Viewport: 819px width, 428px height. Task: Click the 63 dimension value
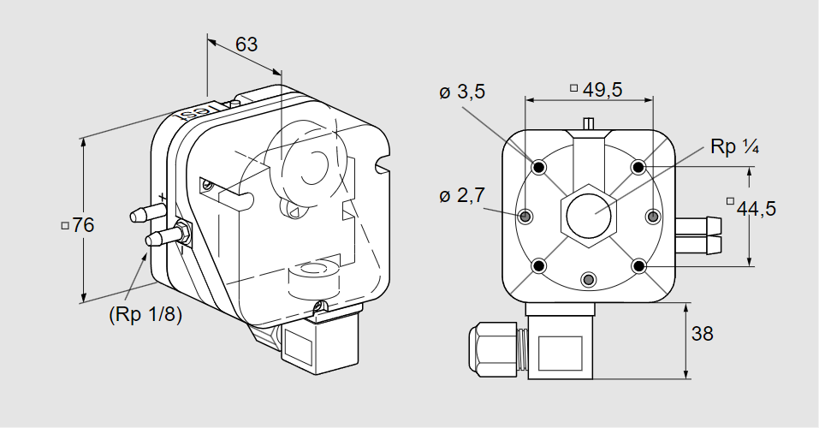[x=246, y=45]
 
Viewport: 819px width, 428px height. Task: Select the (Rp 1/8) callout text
[x=145, y=315]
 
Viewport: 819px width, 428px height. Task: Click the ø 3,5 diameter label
[x=462, y=92]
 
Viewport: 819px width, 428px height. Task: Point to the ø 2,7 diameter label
[x=462, y=195]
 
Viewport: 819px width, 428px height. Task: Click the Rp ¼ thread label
[x=734, y=147]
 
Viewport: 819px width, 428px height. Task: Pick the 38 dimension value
[x=702, y=333]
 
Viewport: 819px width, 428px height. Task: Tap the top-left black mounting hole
[x=539, y=167]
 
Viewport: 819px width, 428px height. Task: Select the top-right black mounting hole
[x=638, y=167]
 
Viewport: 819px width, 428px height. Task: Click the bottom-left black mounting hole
[x=539, y=266]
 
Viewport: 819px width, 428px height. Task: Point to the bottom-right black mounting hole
[x=638, y=266]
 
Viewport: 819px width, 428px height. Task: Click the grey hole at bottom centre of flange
[x=589, y=280]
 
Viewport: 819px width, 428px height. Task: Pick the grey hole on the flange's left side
[x=525, y=216]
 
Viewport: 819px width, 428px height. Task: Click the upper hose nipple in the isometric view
[x=147, y=213]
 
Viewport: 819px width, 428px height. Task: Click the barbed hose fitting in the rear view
[x=698, y=235]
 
